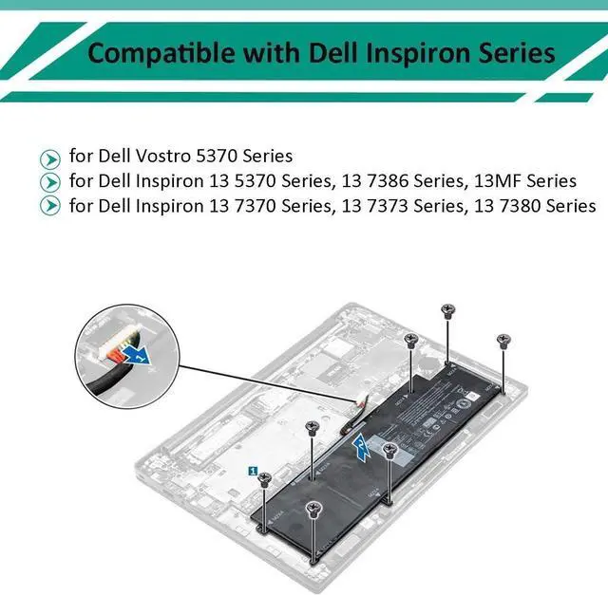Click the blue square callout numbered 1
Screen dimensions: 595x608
tap(253, 469)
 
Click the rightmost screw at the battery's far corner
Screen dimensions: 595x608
tap(503, 339)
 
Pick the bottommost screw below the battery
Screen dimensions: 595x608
tap(313, 510)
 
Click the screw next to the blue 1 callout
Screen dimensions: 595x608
tap(267, 479)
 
